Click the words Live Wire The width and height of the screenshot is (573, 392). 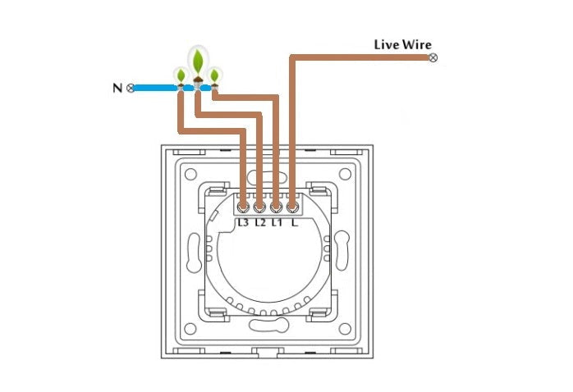(402, 44)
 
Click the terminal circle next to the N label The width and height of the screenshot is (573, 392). (131, 87)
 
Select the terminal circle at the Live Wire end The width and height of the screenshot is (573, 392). (433, 57)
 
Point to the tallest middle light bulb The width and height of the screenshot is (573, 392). (198, 62)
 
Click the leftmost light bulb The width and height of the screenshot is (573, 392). (180, 76)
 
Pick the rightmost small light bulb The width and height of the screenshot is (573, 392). (215, 76)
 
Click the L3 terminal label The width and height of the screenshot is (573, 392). (244, 222)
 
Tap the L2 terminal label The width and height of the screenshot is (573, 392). (260, 222)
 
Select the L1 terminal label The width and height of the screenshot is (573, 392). (277, 222)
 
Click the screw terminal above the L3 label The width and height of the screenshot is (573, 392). (244, 207)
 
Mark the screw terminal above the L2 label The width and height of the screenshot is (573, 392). (260, 207)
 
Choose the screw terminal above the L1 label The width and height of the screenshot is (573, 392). (277, 207)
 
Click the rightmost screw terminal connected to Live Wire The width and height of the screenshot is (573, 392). (292, 207)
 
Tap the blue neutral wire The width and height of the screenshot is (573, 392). (156, 86)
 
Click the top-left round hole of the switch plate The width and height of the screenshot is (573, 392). (190, 174)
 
